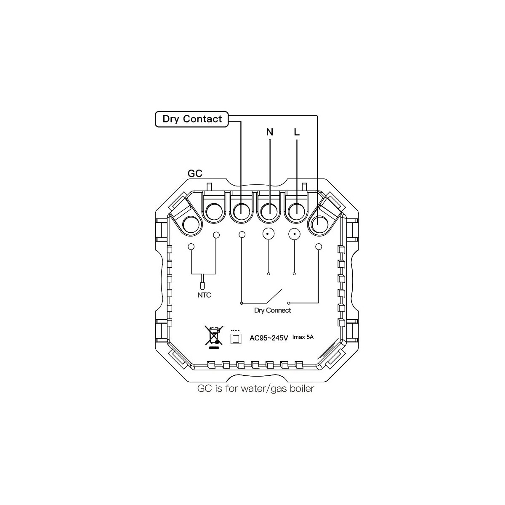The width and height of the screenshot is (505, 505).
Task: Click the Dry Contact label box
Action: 192,119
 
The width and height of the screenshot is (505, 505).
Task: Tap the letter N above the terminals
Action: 270,132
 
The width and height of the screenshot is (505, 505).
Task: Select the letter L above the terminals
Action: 297,132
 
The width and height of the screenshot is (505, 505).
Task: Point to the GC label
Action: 194,173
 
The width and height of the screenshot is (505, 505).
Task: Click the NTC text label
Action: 204,295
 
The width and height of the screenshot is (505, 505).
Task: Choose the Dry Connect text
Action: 272,311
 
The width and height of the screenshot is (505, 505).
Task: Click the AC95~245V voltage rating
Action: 268,338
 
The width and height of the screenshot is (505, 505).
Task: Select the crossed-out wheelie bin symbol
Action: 213,337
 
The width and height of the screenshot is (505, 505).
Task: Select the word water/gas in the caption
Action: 257,388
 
